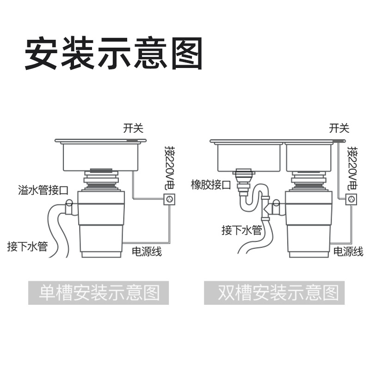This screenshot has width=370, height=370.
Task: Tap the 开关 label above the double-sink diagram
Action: (339, 128)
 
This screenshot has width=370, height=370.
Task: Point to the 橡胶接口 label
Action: (211, 185)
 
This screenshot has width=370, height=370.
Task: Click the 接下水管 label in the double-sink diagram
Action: (242, 230)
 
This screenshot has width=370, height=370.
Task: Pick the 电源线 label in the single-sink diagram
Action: (147, 252)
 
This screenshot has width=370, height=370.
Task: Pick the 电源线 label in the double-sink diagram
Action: (348, 252)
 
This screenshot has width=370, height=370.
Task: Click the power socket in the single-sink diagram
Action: (169, 200)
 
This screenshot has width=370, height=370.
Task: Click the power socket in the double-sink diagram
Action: (352, 200)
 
